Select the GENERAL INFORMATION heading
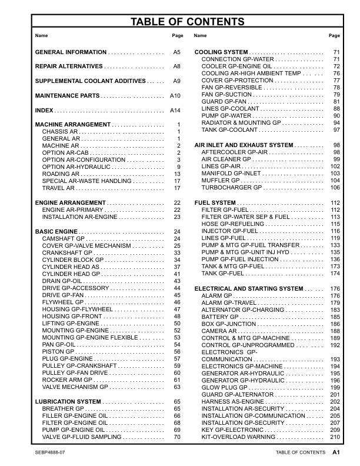(x=71, y=52)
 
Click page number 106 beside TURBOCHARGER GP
(x=335, y=188)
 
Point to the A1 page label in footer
(x=336, y=452)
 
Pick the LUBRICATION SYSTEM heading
(x=68, y=401)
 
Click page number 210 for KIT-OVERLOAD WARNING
(x=335, y=437)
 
